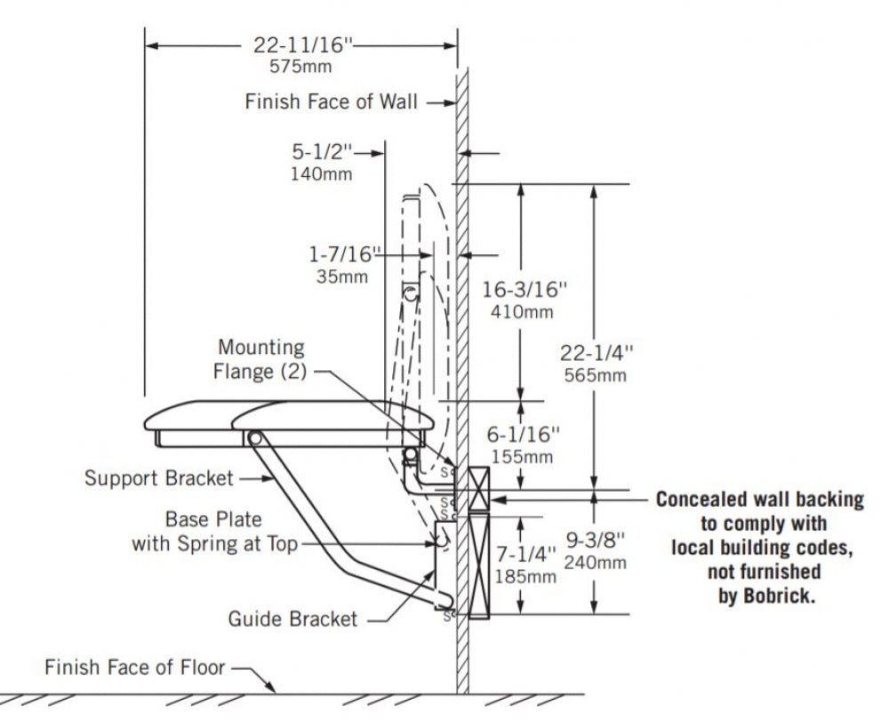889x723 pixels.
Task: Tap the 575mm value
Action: (x=300, y=67)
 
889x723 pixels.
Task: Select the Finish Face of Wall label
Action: (x=331, y=102)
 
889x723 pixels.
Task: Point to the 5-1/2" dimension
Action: (x=322, y=151)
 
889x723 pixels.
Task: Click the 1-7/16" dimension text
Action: (x=343, y=254)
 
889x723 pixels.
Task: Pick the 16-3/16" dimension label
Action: (x=524, y=290)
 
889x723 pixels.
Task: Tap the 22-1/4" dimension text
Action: (x=597, y=353)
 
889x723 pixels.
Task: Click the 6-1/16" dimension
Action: (x=523, y=435)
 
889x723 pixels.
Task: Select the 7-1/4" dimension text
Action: (x=525, y=554)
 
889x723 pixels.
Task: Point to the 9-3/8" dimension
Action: (x=596, y=541)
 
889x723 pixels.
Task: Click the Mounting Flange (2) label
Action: (x=260, y=359)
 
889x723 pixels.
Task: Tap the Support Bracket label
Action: (x=159, y=478)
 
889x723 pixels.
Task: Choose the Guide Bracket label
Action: (x=292, y=619)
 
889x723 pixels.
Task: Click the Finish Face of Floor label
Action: (x=135, y=668)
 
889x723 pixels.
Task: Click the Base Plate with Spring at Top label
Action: (x=214, y=532)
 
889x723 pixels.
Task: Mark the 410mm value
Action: (x=522, y=312)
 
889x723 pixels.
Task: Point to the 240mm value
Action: (x=596, y=563)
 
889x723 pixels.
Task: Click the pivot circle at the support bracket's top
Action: (x=254, y=438)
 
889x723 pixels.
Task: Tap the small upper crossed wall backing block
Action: (x=479, y=489)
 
